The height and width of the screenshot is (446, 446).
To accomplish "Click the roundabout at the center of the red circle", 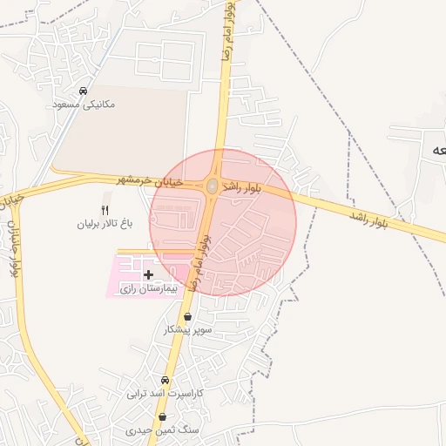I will [x=213, y=185].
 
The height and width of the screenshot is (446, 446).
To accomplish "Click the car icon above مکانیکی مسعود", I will [x=83, y=91].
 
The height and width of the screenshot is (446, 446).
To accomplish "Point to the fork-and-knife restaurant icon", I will [x=105, y=210].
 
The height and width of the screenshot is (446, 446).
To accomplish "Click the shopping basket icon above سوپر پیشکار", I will [x=189, y=317].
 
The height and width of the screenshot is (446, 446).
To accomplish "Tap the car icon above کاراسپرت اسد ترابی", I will [x=165, y=381].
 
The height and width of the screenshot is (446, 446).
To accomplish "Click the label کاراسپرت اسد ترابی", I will [x=165, y=394].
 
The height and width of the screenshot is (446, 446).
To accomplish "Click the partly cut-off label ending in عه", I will [x=436, y=150].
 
